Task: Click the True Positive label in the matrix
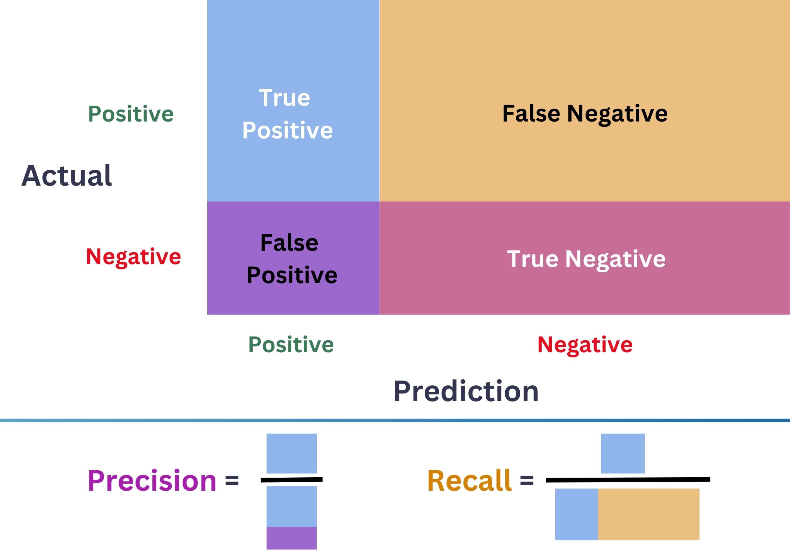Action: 287,114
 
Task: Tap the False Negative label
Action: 584,113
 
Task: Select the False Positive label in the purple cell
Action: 291,259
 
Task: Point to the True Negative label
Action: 586,259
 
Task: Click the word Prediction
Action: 466,391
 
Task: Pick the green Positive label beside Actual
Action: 131,114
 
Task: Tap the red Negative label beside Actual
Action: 133,256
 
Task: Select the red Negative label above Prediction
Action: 585,344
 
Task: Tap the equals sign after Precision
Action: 232,480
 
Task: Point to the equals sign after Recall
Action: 527,480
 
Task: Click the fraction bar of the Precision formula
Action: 291,479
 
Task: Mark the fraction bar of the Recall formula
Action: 628,479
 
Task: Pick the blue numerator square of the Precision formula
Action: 291,453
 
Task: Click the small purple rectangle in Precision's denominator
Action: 291,538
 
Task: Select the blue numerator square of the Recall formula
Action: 622,453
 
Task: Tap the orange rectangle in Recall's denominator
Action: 649,514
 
